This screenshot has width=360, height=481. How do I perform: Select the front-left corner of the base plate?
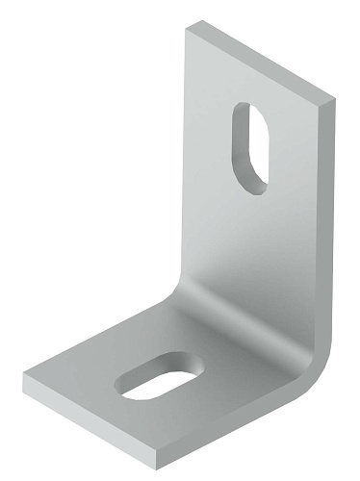26,377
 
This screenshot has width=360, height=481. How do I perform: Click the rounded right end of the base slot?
197,366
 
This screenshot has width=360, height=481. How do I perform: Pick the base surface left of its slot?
82,380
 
